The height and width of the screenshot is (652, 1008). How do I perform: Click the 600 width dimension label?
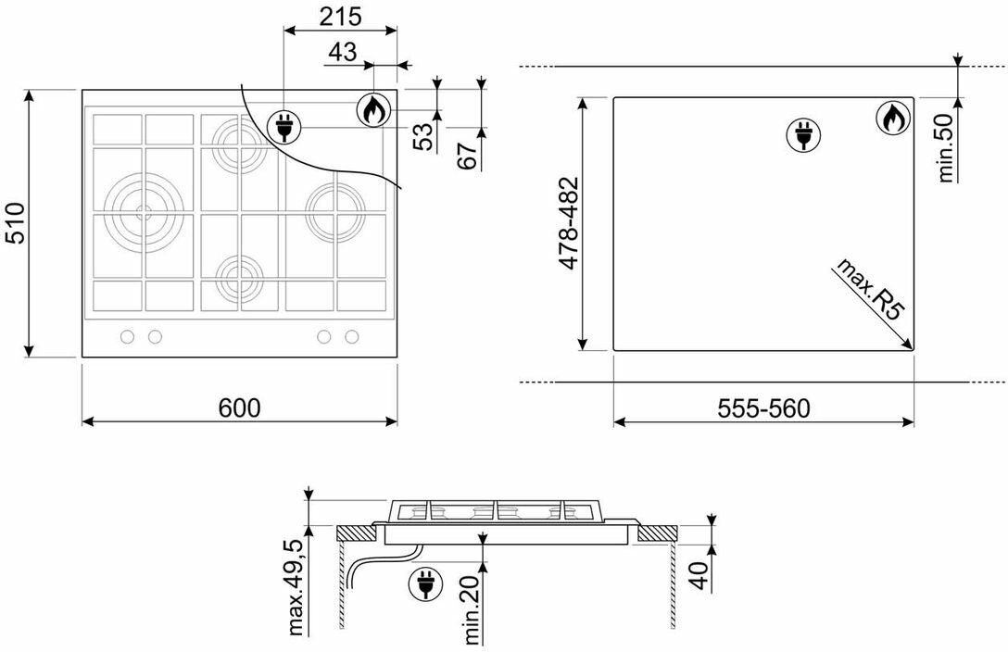[239, 407]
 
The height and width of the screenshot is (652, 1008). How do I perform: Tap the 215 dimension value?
[341, 17]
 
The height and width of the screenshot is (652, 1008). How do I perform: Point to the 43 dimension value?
[342, 52]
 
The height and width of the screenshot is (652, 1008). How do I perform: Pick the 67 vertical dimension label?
[468, 155]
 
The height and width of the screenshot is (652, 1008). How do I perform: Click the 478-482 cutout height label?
[569, 223]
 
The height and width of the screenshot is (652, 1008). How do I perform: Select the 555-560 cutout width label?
[763, 408]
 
